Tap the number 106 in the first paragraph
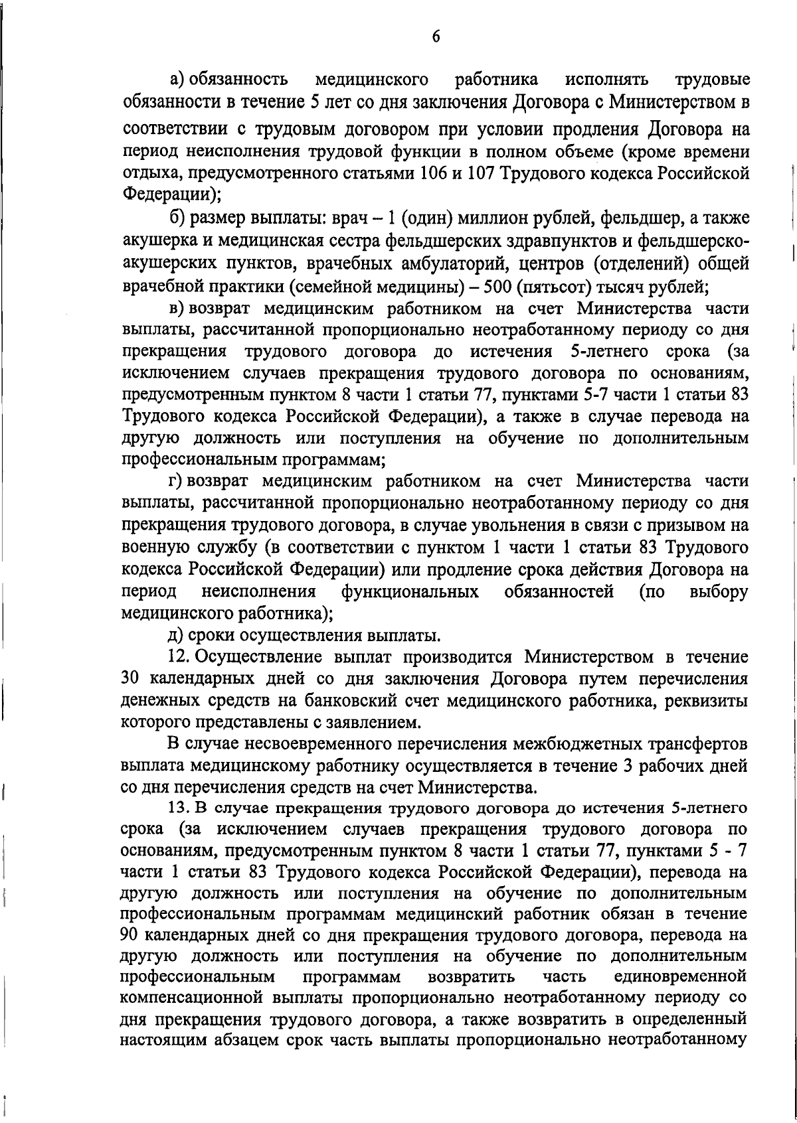tap(434, 174)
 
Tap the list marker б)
tap(177, 218)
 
